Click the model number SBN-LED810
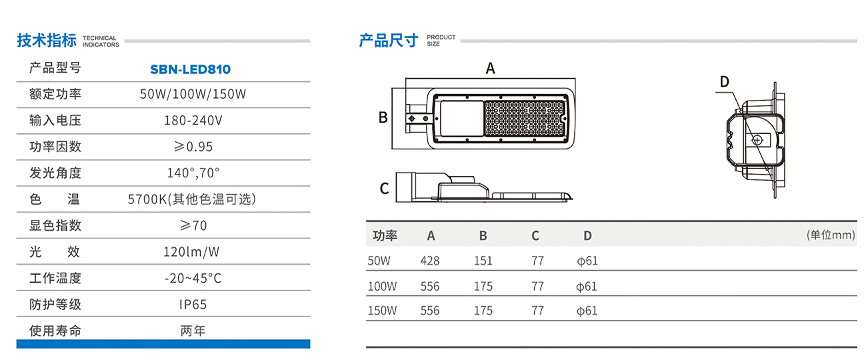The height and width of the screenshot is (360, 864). [x=190, y=69]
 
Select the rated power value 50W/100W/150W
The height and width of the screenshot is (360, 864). [x=193, y=94]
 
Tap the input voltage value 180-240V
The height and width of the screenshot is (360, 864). [x=193, y=121]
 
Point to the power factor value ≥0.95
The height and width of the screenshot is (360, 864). [x=193, y=147]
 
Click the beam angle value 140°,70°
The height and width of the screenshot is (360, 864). [x=193, y=173]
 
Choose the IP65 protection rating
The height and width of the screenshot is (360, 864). [x=193, y=305]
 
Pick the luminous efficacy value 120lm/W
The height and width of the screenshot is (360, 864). [x=192, y=252]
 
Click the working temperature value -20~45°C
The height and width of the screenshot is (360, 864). [x=193, y=278]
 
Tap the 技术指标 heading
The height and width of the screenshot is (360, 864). [x=47, y=41]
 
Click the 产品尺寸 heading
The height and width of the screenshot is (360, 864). [x=389, y=41]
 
